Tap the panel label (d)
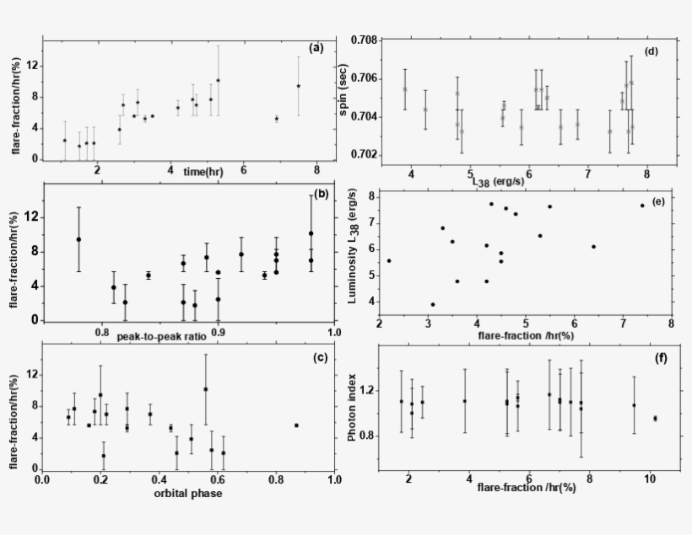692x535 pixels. (651, 51)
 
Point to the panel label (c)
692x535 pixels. (321, 358)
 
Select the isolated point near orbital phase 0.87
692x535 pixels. (296, 425)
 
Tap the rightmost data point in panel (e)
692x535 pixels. (641, 206)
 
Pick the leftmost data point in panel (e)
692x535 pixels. (389, 260)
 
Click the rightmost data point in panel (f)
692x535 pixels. (655, 418)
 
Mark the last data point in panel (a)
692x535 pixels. (298, 86)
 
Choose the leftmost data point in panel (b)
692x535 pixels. (78, 239)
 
